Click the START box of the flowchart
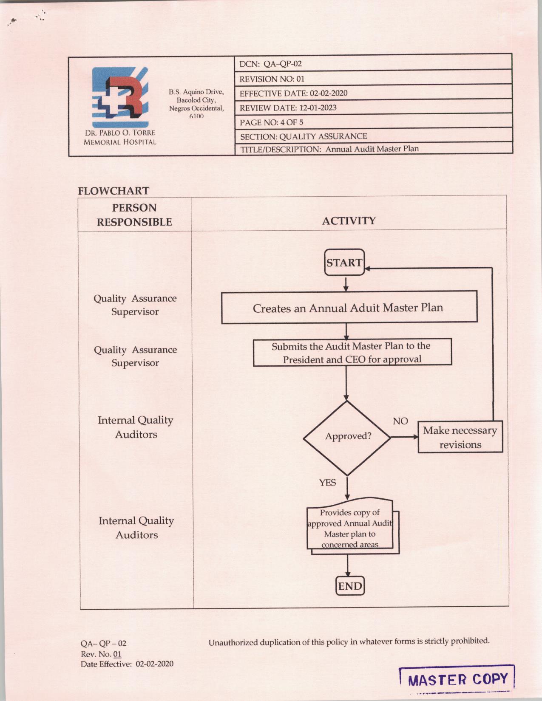[x=344, y=262]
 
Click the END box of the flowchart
[x=350, y=586]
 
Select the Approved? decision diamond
[x=347, y=437]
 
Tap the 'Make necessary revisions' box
[x=460, y=437]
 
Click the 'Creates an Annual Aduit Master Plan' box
[x=349, y=307]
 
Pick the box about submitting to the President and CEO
[x=352, y=353]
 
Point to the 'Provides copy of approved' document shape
[x=350, y=528]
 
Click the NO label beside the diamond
[x=400, y=421]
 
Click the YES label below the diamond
[x=327, y=483]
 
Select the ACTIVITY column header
[x=349, y=221]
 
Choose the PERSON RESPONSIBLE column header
[x=134, y=215]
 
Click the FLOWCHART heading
[x=114, y=191]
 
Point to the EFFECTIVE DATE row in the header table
[x=293, y=93]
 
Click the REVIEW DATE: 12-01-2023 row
[x=288, y=108]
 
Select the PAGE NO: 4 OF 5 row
[x=272, y=122]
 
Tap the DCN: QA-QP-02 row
[x=271, y=64]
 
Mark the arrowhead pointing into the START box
[x=367, y=269]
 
